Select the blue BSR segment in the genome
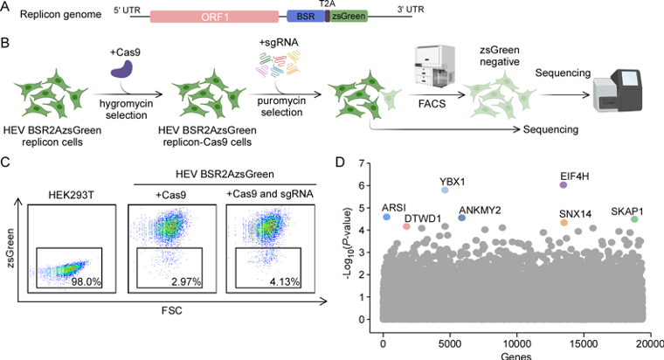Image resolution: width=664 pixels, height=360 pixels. point(305,17)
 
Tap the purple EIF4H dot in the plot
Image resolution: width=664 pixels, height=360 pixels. point(564,184)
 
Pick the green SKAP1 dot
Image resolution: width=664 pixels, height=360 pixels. point(634,219)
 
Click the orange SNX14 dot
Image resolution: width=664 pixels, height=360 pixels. point(564,224)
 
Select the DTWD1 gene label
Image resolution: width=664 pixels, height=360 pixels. point(423,217)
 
